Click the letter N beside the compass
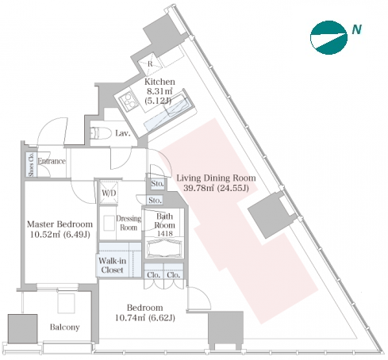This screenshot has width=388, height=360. [x=357, y=29]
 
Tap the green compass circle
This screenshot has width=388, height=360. [x=328, y=37]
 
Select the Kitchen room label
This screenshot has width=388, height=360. [x=159, y=82]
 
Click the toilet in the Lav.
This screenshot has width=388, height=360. [x=101, y=133]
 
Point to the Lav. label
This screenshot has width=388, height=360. [x=123, y=133]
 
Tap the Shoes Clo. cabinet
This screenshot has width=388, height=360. [x=31, y=164]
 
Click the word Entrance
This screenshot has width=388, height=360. [x=52, y=161]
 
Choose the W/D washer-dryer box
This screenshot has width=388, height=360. [x=109, y=193]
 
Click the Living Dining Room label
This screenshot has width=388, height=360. [x=216, y=178]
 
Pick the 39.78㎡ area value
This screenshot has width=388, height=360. [x=199, y=188]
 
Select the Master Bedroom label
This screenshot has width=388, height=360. [x=60, y=224]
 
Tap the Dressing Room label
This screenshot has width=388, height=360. [x=129, y=223]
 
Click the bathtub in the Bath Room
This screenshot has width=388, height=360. [x=164, y=248]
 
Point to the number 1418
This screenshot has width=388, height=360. [x=165, y=233]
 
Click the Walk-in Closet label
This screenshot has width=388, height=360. [x=113, y=266]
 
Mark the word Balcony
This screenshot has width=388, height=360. [x=65, y=327]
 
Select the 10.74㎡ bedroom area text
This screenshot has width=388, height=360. [x=130, y=317]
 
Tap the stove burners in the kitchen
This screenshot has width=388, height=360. [x=129, y=101]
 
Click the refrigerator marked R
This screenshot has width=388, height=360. [x=150, y=63]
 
